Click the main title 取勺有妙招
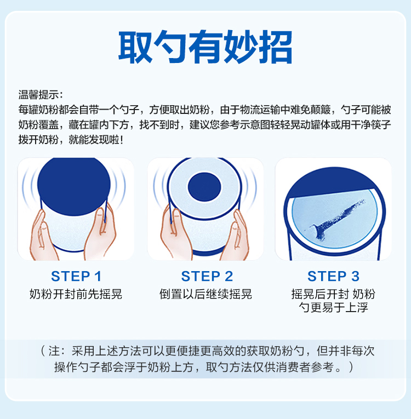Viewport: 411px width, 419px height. [206, 47]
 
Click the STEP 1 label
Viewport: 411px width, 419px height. [76, 276]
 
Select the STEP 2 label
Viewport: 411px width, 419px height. [207, 276]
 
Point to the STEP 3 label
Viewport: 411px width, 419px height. [333, 276]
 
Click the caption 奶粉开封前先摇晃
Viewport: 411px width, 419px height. [76, 294]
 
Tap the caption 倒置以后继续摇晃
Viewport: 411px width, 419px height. [206, 294]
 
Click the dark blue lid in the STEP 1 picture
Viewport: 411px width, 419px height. [74, 185]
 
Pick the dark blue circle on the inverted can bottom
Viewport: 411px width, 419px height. [204, 187]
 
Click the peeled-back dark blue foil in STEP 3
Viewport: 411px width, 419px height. [332, 182]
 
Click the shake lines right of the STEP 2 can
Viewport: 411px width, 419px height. [249, 187]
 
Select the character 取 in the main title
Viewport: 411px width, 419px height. [135, 47]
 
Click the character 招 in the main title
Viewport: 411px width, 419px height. [276, 47]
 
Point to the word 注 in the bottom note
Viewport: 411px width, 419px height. [54, 351]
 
